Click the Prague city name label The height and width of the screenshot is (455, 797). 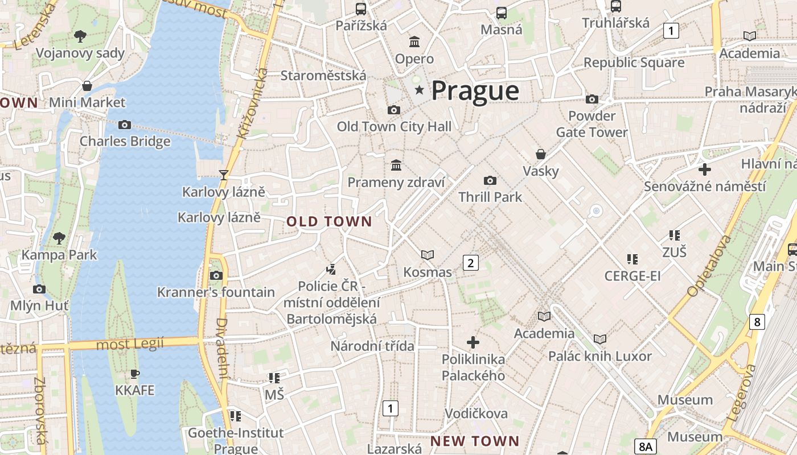475,91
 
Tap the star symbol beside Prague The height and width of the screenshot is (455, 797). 420,90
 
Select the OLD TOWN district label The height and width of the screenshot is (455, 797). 329,222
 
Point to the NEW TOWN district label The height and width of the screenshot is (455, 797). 475,441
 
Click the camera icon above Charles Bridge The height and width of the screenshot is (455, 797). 125,125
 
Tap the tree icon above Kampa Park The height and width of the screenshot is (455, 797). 59,238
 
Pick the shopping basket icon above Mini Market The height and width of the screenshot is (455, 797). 87,86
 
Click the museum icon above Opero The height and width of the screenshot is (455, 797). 414,42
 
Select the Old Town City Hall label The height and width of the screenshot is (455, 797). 394,126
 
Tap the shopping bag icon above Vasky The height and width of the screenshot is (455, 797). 541,154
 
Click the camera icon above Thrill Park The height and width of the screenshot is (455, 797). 490,180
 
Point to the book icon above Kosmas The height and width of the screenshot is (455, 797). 428,255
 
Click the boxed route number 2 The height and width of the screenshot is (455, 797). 470,263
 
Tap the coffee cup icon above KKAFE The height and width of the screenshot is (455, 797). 135,374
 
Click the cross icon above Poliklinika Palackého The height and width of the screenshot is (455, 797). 473,342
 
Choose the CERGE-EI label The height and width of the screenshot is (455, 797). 632,276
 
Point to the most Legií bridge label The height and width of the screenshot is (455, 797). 130,344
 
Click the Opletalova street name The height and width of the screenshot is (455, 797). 709,266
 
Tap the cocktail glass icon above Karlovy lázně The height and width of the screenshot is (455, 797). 224,175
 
